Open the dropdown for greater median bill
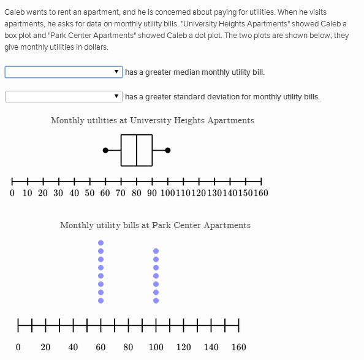(63, 72)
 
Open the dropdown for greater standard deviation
(63, 97)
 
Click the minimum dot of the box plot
(105, 150)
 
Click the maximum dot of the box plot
(168, 150)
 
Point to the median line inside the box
(137, 150)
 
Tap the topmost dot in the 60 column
(100, 243)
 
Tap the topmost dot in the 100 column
(156, 251)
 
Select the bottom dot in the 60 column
(100, 301)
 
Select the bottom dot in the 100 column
(156, 301)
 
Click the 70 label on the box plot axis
(121, 193)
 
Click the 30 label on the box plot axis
(58, 193)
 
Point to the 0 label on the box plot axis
(12, 193)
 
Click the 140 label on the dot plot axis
(211, 347)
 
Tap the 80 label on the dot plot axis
(128, 347)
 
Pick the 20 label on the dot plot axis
(45, 347)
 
